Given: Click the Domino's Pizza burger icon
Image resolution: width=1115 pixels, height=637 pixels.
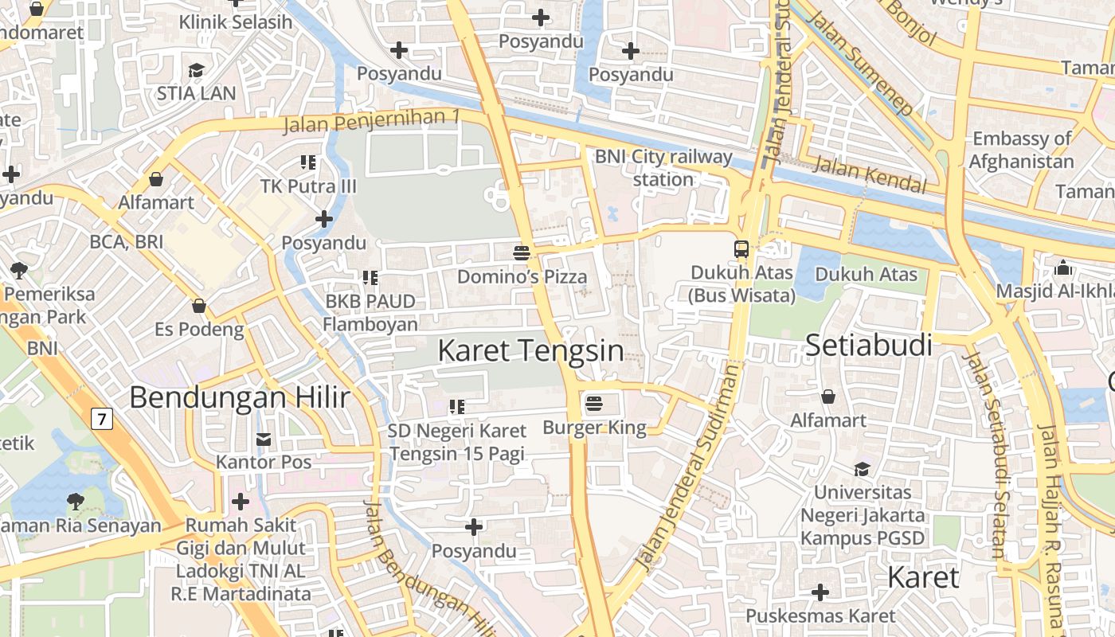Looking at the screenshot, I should click(x=522, y=253).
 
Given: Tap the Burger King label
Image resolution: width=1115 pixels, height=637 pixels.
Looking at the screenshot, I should click(x=594, y=428).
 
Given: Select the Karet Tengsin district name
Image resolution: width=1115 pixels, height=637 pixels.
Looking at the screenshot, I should click(x=530, y=350).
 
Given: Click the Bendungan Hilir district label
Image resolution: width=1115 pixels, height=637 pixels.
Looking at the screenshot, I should click(x=240, y=397).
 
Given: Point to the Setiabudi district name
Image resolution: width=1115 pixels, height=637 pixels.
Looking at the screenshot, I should click(x=868, y=346).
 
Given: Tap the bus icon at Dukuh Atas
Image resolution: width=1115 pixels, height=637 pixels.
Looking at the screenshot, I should click(x=741, y=248).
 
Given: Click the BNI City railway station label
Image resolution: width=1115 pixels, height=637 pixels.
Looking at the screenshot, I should click(x=663, y=168).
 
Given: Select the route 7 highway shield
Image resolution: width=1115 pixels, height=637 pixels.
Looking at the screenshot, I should click(x=101, y=418).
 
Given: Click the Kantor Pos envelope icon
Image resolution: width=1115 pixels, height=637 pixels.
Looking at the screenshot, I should click(x=264, y=439).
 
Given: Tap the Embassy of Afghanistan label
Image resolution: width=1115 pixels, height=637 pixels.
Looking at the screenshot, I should click(x=1023, y=150).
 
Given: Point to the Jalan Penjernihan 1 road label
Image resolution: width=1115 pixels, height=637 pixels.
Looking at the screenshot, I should click(x=372, y=121).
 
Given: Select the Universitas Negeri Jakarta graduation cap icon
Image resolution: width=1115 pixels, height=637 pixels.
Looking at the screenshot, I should click(x=862, y=468).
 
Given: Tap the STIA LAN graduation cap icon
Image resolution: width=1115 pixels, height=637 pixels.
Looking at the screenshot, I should click(x=196, y=70).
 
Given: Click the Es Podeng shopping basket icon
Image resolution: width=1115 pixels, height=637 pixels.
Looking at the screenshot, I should click(x=199, y=306).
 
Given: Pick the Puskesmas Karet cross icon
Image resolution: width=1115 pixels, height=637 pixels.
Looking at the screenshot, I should click(x=820, y=592).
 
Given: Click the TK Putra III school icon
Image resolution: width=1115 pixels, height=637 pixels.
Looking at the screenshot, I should click(x=309, y=162).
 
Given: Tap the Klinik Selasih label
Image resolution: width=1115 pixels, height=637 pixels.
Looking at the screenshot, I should click(x=236, y=21).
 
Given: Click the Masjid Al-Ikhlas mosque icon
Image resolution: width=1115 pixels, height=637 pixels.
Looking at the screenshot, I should click(x=1062, y=268).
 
